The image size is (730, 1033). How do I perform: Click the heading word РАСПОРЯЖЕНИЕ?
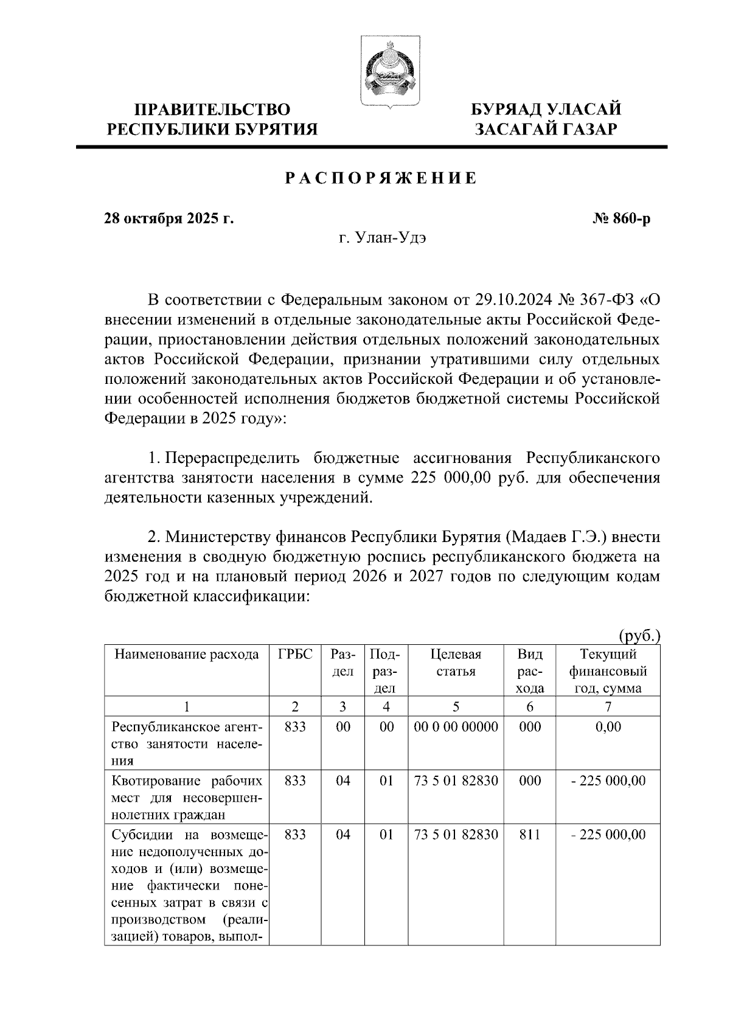point(381,179)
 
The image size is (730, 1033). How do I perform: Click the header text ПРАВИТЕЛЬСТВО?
point(212,110)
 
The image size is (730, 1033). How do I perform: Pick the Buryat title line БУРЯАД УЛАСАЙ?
point(547,110)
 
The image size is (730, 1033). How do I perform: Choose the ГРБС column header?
point(295,655)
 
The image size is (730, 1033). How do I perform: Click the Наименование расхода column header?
point(187,655)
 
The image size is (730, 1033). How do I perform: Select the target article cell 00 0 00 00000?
point(456,727)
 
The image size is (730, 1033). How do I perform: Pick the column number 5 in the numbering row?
point(456,707)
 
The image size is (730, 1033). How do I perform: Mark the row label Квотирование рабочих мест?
point(187,797)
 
